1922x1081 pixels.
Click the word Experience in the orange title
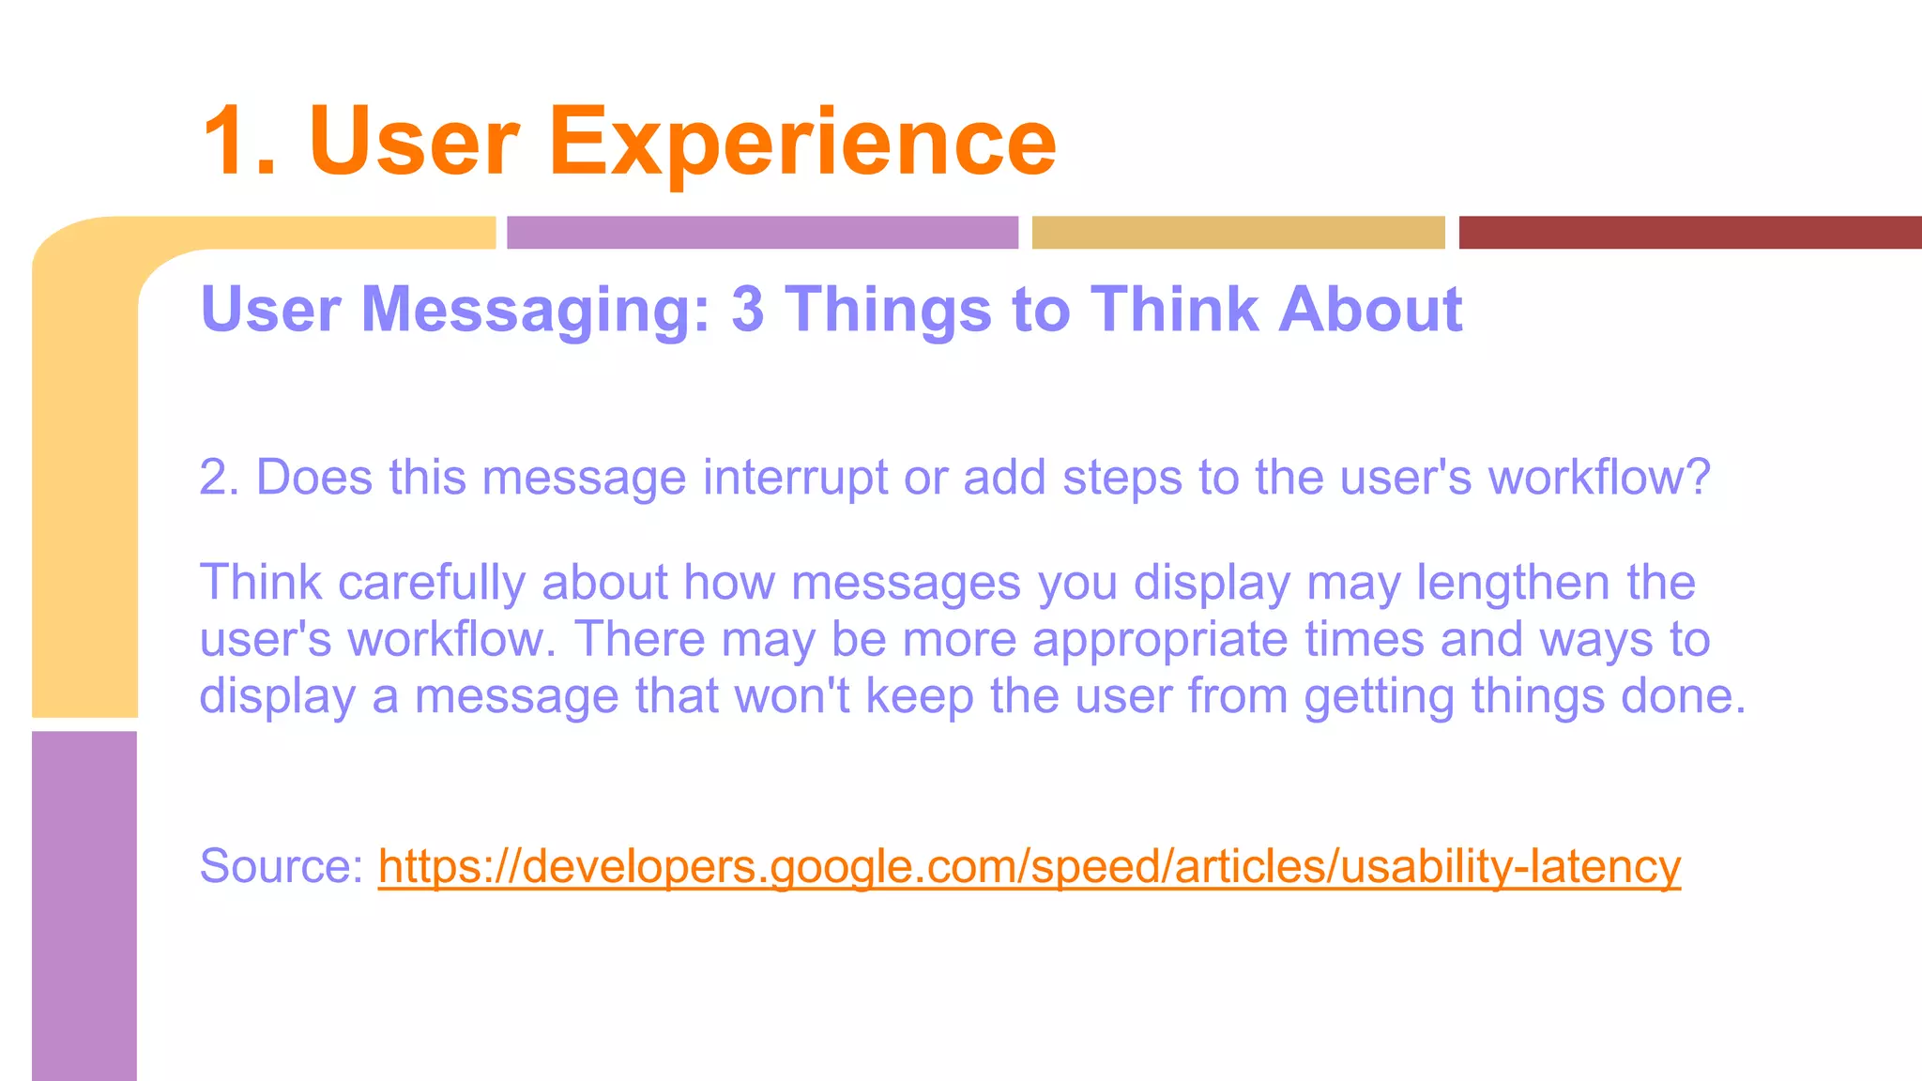click(x=802, y=143)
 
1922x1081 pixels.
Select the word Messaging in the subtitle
click(x=536, y=310)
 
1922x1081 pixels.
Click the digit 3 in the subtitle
click(x=747, y=310)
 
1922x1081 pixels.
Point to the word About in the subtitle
click(x=1369, y=310)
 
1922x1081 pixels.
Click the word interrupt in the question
click(x=794, y=478)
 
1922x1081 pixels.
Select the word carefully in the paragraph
click(x=431, y=583)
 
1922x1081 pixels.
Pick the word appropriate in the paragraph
click(x=1160, y=640)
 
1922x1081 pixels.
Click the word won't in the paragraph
click(x=792, y=696)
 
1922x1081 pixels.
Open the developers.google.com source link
click(x=1029, y=866)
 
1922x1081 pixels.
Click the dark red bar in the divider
click(x=1689, y=233)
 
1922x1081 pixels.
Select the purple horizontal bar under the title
click(x=762, y=233)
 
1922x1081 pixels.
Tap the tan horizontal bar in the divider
click(x=1238, y=233)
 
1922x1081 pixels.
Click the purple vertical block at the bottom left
click(x=84, y=906)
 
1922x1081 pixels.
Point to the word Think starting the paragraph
click(x=261, y=583)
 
